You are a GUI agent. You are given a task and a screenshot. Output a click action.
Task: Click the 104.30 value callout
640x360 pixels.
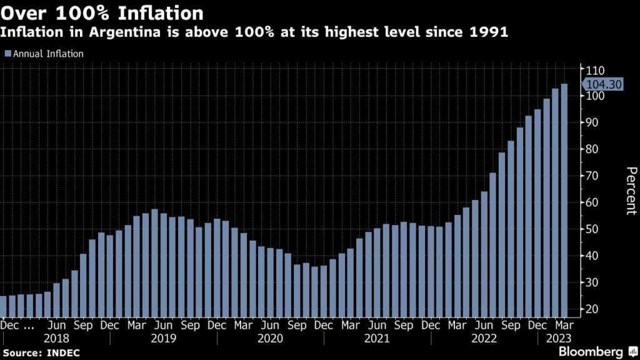[602, 86]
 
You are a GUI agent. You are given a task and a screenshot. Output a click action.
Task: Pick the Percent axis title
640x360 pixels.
[631, 191]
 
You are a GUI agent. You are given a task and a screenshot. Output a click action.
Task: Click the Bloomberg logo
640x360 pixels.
[596, 351]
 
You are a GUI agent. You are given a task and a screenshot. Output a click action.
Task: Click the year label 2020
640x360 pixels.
[269, 338]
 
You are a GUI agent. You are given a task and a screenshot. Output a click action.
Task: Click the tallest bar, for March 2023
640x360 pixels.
[564, 200]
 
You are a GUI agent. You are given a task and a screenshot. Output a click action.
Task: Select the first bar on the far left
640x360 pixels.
[3, 306]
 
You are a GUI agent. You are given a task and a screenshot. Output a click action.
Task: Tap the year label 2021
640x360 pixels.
[376, 338]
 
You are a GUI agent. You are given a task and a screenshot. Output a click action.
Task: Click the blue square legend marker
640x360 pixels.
[7, 54]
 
